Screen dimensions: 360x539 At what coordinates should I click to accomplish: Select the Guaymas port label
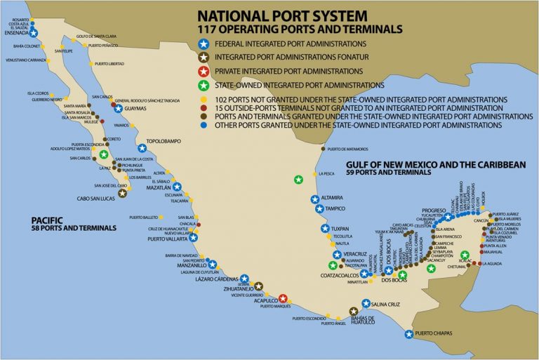[x=139, y=109]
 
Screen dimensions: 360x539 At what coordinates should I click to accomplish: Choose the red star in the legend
[x=204, y=71]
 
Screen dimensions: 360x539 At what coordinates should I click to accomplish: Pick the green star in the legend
[x=204, y=84]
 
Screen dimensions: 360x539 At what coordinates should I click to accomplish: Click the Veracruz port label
[x=350, y=254]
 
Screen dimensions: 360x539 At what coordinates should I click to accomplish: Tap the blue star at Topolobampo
[x=142, y=148]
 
